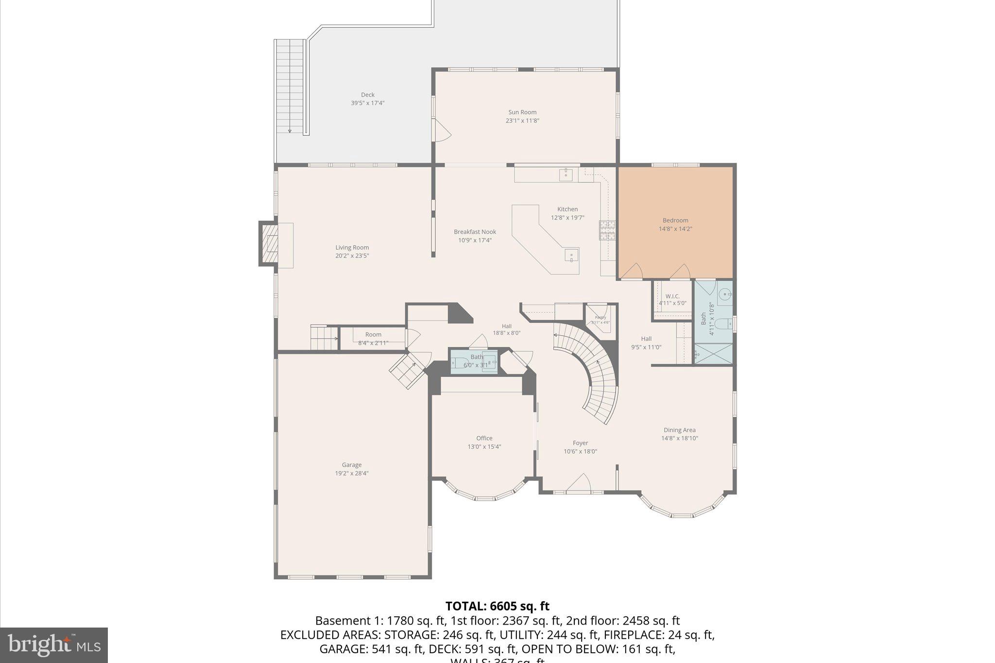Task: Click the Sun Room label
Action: click(522, 112)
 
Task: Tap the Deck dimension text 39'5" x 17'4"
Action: click(367, 103)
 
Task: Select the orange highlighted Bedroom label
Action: click(675, 221)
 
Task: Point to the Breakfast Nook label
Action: click(475, 232)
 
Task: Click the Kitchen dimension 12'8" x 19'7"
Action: click(567, 218)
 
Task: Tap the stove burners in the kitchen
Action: click(607, 230)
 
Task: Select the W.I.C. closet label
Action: click(672, 296)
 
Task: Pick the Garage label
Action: click(351, 465)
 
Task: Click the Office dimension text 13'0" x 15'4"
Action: click(484, 447)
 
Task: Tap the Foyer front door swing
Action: click(579, 483)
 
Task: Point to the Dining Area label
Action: click(679, 430)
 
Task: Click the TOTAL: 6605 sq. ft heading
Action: click(497, 606)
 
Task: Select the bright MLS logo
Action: click(54, 645)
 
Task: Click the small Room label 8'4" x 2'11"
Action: click(373, 335)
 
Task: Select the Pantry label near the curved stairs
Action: click(600, 317)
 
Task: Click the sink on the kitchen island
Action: click(571, 255)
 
